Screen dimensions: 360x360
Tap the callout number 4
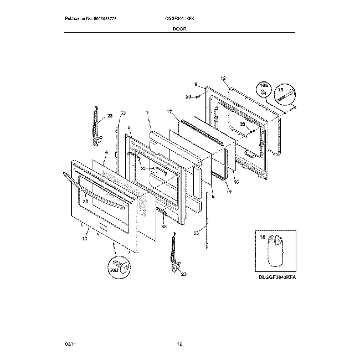(106, 152)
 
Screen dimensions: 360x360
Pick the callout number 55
(163, 226)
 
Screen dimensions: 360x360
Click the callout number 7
(148, 113)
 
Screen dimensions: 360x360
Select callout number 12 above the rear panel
(224, 79)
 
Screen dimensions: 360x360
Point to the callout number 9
(196, 85)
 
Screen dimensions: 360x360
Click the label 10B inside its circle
(264, 88)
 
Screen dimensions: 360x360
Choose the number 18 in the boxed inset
(263, 236)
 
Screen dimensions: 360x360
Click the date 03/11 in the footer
(70, 344)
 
